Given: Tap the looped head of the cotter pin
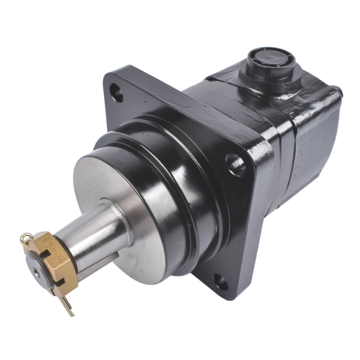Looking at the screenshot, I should click(25, 239).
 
